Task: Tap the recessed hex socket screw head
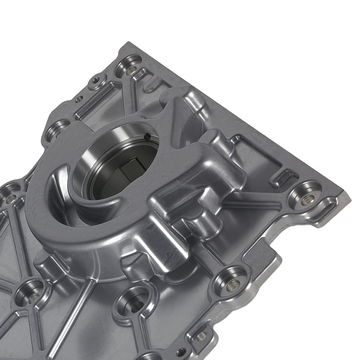coord(95,80)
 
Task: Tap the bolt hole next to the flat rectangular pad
coord(230,283)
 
